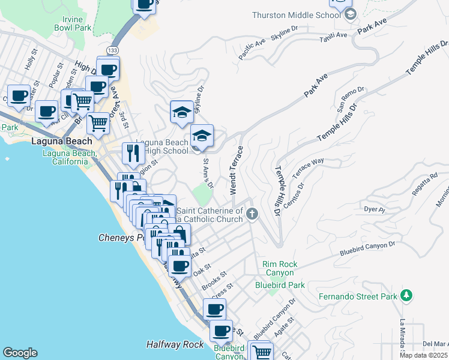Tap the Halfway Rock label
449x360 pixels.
coord(175,344)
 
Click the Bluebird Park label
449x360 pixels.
coord(280,285)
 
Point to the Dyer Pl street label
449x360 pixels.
coord(373,209)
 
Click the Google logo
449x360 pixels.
coord(20,353)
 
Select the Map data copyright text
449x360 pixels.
coord(423,355)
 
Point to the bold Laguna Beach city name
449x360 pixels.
coord(62,142)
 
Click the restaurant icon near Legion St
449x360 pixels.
coord(131,153)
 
